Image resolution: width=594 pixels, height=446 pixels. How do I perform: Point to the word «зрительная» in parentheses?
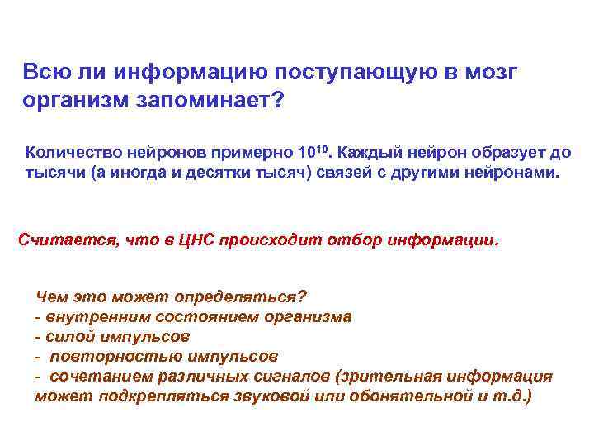412,376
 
